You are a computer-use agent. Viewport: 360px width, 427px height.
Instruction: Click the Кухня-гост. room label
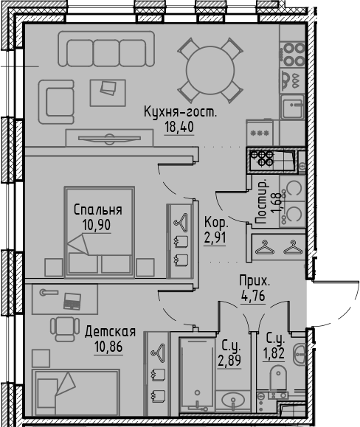[180, 112]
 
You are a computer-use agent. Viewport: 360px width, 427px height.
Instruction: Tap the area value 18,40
[179, 127]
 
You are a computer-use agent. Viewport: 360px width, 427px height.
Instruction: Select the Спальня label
[98, 210]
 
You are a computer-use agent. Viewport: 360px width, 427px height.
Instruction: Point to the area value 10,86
[108, 347]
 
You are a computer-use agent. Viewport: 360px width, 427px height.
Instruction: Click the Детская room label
[110, 332]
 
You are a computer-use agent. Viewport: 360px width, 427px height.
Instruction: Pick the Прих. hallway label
[255, 281]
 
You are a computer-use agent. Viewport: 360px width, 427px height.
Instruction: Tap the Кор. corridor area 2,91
[215, 237]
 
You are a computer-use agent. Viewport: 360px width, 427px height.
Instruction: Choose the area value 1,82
[274, 353]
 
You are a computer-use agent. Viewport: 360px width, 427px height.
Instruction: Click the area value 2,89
[229, 361]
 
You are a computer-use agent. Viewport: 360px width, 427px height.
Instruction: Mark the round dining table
[210, 71]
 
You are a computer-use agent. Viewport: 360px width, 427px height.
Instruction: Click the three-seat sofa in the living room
[106, 49]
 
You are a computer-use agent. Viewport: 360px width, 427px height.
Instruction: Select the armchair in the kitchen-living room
[56, 102]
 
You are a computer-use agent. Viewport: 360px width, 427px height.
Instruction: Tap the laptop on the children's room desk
[72, 301]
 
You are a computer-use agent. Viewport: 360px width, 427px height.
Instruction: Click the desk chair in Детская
[65, 329]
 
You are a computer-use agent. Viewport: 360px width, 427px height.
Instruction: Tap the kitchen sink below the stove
[292, 106]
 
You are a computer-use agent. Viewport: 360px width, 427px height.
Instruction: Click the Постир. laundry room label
[262, 202]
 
